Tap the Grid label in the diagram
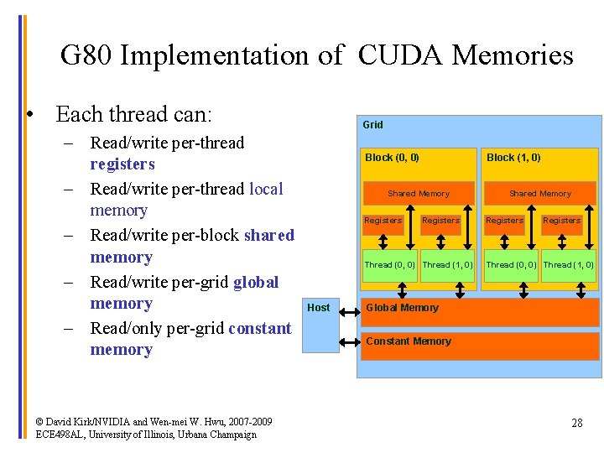coord(372,125)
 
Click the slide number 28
coord(576,423)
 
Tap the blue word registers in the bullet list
coord(122,164)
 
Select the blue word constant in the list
coord(258,328)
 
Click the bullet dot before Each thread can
coord(29,114)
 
